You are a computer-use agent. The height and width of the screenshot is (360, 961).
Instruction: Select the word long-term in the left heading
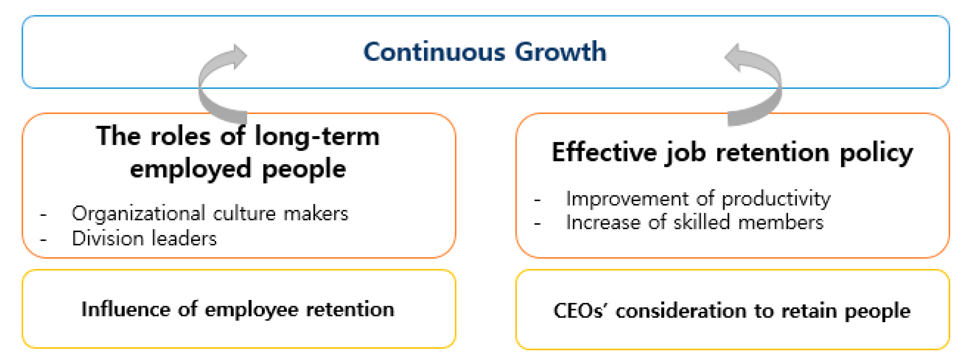(317, 137)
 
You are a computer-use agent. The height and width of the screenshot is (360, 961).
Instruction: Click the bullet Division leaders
(144, 238)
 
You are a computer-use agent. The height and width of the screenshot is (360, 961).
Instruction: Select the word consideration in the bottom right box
(681, 311)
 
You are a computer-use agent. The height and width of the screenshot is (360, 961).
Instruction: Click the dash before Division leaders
(43, 240)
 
